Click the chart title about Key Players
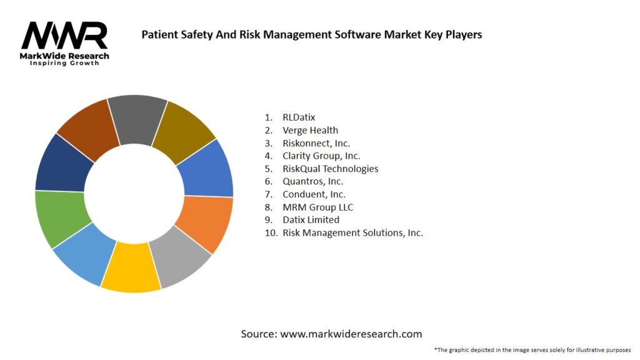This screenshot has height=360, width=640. point(311,34)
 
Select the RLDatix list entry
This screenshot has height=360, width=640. point(299,117)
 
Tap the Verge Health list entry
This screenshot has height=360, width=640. point(310,130)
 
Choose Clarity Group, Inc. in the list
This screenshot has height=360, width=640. point(321,156)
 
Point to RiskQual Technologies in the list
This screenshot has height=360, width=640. point(330,169)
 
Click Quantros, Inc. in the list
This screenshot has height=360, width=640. point(312,181)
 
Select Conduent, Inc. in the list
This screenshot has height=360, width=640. point(314,194)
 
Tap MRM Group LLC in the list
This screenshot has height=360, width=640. point(317,207)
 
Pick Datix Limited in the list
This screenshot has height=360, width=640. point(311,220)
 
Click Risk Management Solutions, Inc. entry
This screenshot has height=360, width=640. point(352,232)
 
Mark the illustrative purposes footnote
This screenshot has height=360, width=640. point(532,350)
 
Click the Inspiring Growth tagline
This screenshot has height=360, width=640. point(64,63)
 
